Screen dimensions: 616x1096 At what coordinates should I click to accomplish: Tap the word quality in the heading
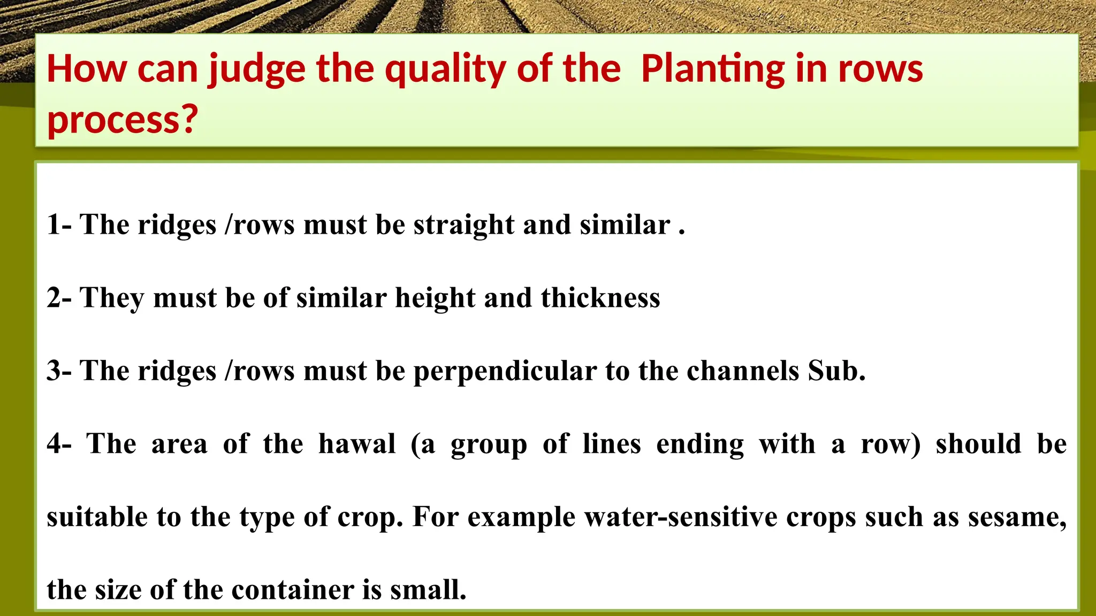point(445,70)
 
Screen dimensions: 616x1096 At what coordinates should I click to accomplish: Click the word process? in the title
point(123,120)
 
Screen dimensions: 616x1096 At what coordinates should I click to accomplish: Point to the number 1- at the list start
point(59,225)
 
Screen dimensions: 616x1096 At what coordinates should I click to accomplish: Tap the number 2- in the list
point(59,298)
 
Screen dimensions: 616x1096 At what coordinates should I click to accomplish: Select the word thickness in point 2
point(600,298)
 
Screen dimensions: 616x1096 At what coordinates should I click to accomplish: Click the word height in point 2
point(435,298)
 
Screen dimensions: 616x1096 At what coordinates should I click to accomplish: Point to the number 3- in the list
point(59,371)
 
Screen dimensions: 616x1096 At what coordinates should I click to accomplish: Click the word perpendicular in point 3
point(505,371)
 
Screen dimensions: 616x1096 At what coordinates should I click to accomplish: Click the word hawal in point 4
point(357,444)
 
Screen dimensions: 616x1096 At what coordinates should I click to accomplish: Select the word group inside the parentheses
point(489,445)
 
